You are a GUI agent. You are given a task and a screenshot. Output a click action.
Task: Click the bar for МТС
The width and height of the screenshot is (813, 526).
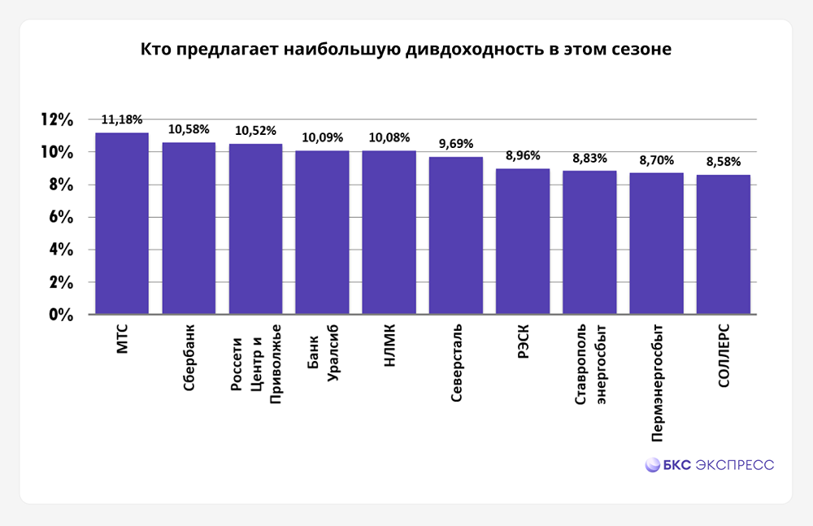(122, 224)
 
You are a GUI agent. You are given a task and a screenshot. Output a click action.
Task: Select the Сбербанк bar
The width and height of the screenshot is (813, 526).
(189, 228)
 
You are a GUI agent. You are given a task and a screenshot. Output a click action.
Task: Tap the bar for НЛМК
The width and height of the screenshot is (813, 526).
(389, 233)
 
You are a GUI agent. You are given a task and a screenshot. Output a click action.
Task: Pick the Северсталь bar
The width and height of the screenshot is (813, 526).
(455, 236)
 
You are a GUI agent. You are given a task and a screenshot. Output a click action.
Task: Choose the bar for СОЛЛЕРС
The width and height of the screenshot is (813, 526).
(723, 245)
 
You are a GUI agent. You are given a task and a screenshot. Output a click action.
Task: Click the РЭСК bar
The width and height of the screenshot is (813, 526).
(523, 241)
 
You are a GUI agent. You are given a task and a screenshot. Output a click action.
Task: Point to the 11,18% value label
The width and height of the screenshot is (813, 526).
(122, 120)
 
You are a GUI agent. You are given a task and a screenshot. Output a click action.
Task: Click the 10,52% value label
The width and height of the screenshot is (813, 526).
(255, 131)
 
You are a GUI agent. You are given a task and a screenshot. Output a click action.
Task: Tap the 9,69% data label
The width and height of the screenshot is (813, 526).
(455, 144)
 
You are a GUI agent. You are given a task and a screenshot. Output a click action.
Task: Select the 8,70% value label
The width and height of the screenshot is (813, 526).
(656, 160)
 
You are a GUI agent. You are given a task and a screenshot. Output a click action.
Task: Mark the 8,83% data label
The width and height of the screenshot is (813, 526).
(589, 159)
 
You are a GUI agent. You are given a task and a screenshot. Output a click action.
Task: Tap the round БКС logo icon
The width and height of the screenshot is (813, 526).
(652, 465)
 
